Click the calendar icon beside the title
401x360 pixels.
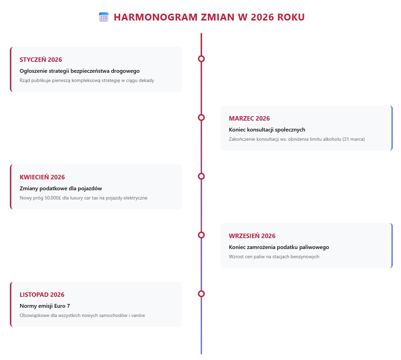(104, 17)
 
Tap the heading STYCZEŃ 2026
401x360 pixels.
(41, 60)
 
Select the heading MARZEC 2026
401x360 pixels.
(249, 119)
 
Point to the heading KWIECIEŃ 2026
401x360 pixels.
(42, 177)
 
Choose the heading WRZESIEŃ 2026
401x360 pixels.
(252, 236)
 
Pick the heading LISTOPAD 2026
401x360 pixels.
(42, 295)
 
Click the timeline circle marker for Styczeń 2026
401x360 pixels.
(201, 59)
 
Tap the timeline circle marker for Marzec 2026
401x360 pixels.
(201, 117)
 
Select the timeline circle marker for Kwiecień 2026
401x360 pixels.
(201, 176)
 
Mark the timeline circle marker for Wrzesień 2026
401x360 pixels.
(201, 235)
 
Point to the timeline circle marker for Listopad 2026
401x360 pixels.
(201, 294)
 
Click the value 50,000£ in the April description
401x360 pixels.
(53, 198)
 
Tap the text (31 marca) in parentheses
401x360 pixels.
(353, 139)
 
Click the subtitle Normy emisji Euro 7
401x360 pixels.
(45, 306)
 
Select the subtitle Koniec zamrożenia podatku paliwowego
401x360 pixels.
(279, 247)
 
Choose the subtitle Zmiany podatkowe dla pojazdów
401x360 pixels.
(61, 189)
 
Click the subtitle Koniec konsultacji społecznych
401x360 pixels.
(267, 130)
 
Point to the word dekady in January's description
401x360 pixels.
(146, 81)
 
